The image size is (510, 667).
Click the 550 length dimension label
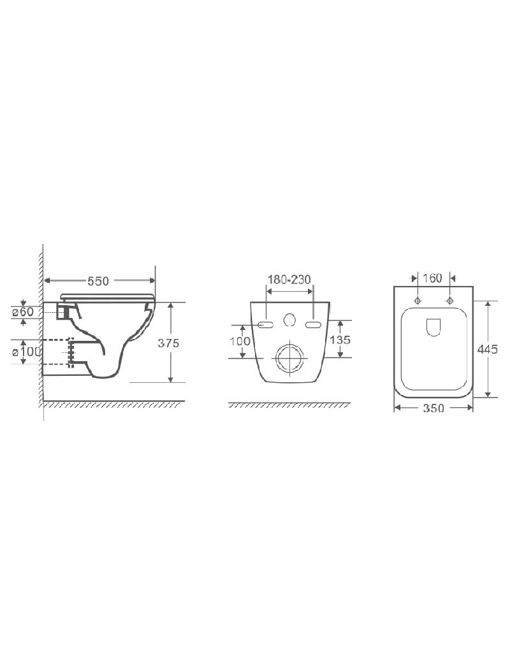point(98,281)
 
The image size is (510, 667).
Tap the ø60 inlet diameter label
point(23,312)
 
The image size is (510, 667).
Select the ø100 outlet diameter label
point(26,352)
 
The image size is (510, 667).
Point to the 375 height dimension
point(168,343)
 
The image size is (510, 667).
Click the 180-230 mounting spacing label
point(289,279)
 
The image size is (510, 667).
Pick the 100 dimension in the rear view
point(240,341)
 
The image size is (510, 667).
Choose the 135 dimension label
point(340,340)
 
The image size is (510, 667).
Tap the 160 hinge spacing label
point(432,278)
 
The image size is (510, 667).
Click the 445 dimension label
point(488,349)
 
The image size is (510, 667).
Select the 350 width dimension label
point(433,408)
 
